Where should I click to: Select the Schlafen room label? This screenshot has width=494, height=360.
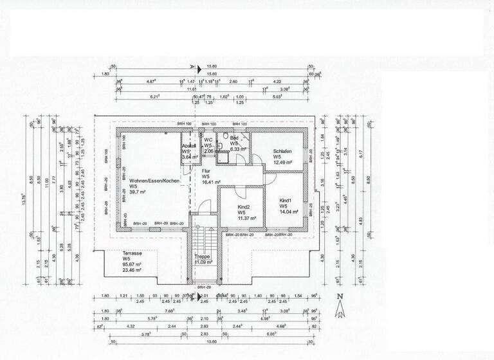coord(282,151)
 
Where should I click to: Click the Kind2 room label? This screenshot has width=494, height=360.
coord(244,206)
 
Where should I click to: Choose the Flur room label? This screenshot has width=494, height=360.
coord(206,170)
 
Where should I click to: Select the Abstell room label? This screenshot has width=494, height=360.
coord(189,145)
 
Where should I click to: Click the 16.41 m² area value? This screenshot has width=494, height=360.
coord(211,182)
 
